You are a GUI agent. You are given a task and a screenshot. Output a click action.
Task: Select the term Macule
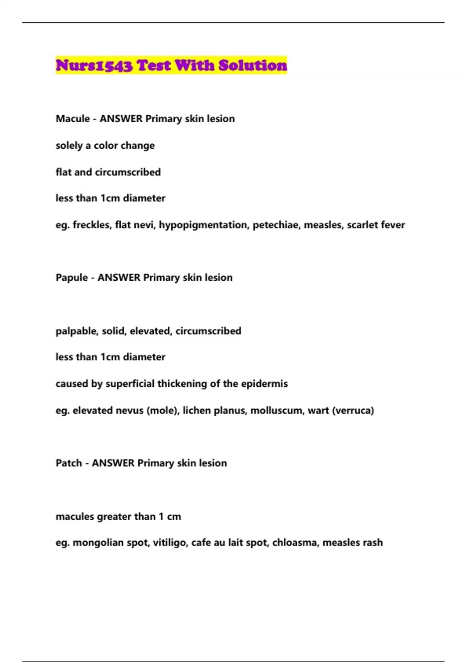[x=72, y=119]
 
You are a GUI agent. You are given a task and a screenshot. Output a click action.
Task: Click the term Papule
[x=71, y=278]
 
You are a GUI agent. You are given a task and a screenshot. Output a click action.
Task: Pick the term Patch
[x=68, y=463]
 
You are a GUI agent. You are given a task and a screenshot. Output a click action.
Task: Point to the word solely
[x=69, y=146]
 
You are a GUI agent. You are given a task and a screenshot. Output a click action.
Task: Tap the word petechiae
[x=276, y=225]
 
